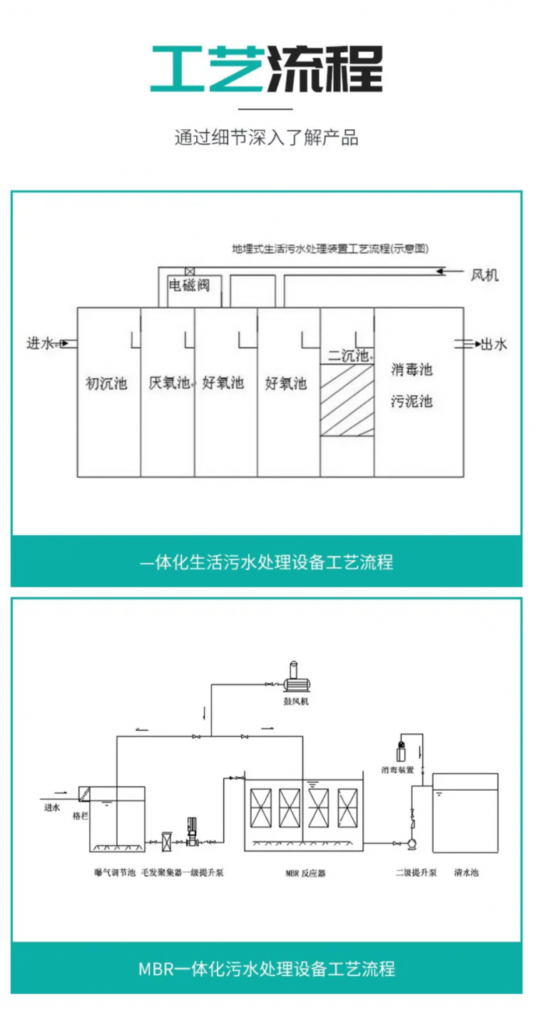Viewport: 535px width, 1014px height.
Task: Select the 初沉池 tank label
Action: point(106,384)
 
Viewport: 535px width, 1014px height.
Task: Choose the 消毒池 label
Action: point(412,370)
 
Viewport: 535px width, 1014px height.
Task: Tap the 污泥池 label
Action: point(412,401)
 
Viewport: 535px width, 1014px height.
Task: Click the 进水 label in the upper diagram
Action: point(40,344)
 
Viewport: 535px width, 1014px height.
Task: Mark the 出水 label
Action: point(494,344)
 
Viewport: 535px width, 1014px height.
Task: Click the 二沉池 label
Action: point(347,355)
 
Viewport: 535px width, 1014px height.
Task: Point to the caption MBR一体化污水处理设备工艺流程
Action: point(267,968)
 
